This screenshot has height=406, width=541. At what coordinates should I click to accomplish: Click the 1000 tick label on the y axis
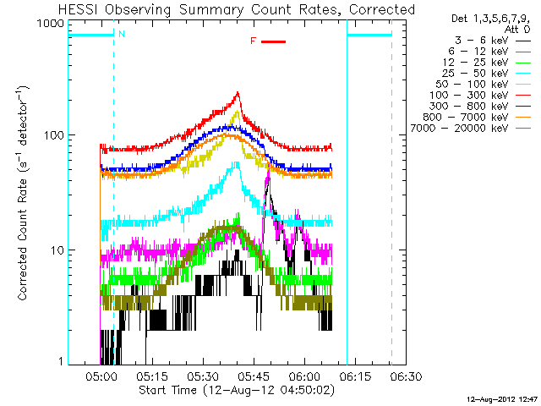point(52,24)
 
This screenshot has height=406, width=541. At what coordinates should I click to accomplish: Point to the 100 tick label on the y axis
point(55,135)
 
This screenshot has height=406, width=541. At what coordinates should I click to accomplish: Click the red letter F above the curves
point(254,41)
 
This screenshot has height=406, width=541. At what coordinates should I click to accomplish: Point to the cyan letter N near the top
point(122,34)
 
